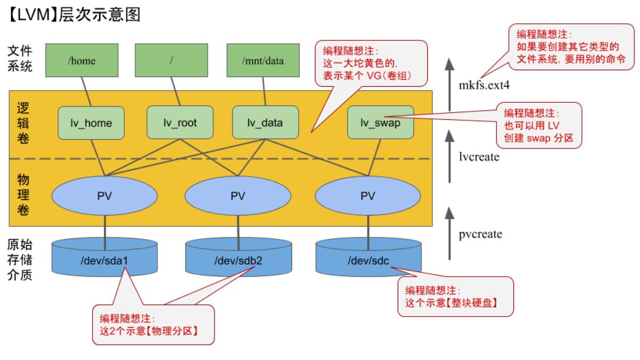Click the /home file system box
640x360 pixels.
[x=82, y=60]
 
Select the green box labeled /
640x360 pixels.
[x=171, y=60]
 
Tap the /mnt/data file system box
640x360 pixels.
[x=263, y=60]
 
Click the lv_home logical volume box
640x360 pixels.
[x=91, y=123]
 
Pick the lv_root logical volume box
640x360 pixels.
[x=180, y=123]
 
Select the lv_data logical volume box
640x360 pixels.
[x=265, y=123]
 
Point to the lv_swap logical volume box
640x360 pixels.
[x=380, y=123]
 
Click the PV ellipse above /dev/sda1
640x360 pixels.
[x=104, y=196]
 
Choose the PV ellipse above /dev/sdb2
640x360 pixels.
[x=238, y=196]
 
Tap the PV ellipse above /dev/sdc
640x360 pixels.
[x=368, y=196]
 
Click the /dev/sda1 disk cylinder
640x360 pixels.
[x=104, y=260]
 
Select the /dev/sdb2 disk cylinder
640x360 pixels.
[x=238, y=260]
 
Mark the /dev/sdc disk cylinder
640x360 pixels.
[x=368, y=260]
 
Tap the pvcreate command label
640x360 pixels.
[x=480, y=234]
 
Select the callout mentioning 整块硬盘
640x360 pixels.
[x=455, y=297]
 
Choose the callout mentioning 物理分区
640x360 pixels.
[x=153, y=325]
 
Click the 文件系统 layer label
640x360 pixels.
[x=20, y=59]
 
